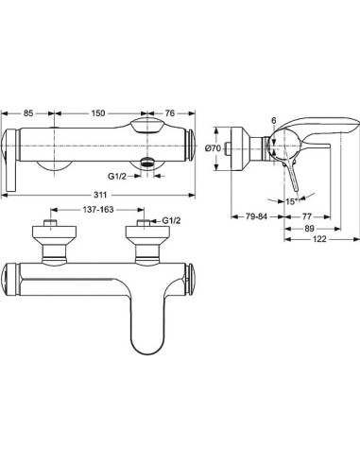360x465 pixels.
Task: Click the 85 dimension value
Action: point(28,113)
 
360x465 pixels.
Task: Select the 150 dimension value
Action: point(98,113)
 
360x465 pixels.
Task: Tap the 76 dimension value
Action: point(170,113)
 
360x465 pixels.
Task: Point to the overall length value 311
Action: point(100,195)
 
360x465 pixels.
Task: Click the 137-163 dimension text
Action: point(98,210)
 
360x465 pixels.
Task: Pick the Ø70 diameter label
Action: point(213,148)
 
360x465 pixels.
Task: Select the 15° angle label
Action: point(292,201)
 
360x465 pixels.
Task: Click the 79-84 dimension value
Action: point(256,216)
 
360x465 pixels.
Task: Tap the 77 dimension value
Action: point(306,216)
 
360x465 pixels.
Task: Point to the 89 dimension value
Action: point(310,229)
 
